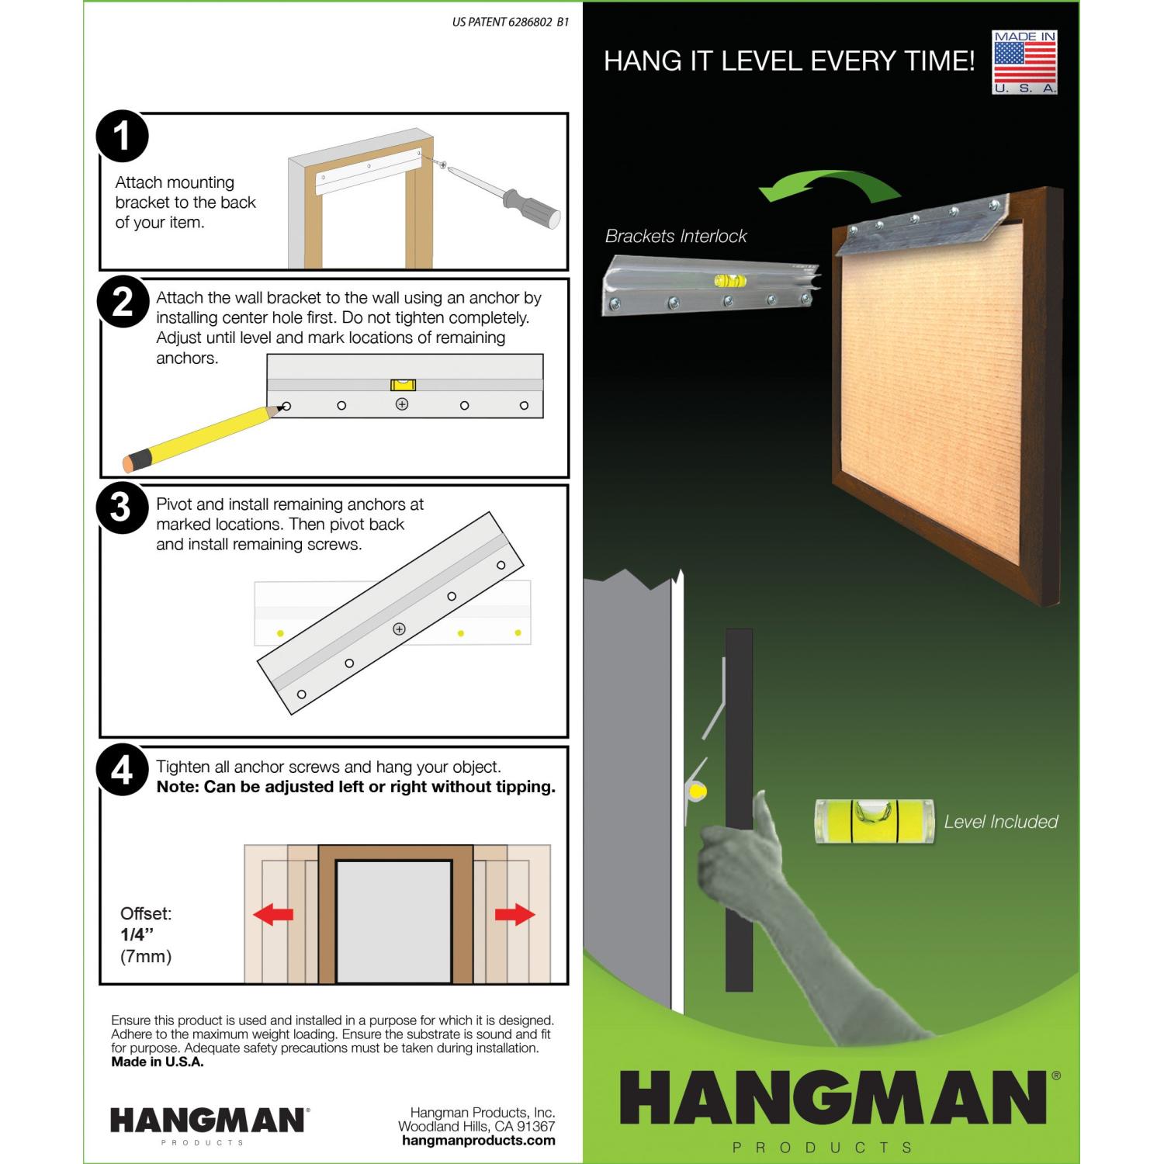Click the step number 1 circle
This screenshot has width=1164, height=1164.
pyautogui.click(x=122, y=137)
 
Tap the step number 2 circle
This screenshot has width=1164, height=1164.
pyautogui.click(x=122, y=303)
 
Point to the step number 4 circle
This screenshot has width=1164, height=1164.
pyautogui.click(x=122, y=771)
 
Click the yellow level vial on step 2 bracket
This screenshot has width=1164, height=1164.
pyautogui.click(x=403, y=384)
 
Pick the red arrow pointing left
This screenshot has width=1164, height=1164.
pyautogui.click(x=273, y=915)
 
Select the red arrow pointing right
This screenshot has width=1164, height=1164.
pyautogui.click(x=515, y=915)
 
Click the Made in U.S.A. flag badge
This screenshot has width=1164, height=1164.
pyautogui.click(x=1025, y=62)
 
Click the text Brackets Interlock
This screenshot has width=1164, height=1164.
pyautogui.click(x=676, y=236)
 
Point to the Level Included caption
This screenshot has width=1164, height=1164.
pyautogui.click(x=1001, y=822)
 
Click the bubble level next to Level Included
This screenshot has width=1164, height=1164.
pyautogui.click(x=873, y=821)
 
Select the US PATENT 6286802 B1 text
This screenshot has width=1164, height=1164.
pyautogui.click(x=511, y=23)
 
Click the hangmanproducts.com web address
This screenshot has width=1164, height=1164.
pyautogui.click(x=479, y=1140)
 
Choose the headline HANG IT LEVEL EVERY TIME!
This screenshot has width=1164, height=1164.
pyautogui.click(x=789, y=61)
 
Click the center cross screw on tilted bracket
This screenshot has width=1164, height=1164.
pyautogui.click(x=399, y=629)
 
